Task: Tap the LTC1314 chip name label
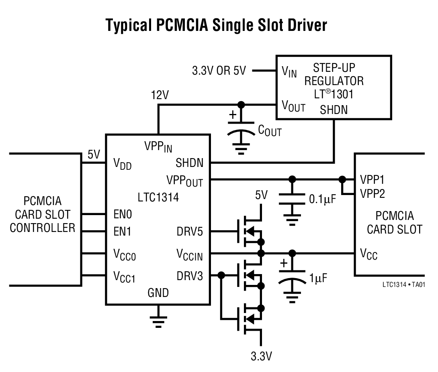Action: click(x=158, y=197)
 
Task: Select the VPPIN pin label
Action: click(x=158, y=146)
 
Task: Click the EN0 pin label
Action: click(x=122, y=214)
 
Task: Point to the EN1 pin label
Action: click(x=122, y=232)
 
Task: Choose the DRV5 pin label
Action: click(x=190, y=232)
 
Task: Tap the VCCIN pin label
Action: click(x=190, y=254)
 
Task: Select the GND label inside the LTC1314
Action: click(x=158, y=293)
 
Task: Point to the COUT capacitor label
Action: click(x=269, y=130)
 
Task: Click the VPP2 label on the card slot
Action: click(x=373, y=194)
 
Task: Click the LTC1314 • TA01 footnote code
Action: click(x=404, y=284)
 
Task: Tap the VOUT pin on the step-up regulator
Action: click(x=293, y=106)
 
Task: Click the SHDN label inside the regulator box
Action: click(x=334, y=110)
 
